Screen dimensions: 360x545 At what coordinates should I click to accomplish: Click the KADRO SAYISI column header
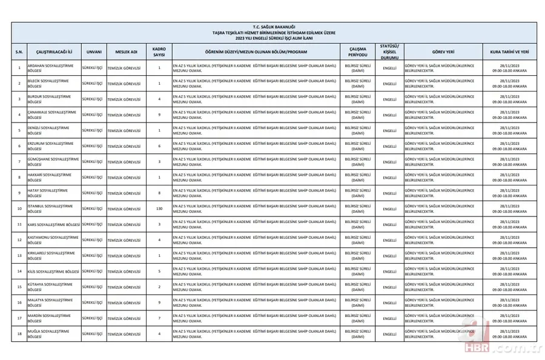159,52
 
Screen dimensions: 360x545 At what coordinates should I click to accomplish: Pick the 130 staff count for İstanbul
159,208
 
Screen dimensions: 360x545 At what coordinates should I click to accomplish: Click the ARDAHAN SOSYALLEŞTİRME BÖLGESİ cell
53,67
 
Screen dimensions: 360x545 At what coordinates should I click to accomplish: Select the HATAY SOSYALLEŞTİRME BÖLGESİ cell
53,193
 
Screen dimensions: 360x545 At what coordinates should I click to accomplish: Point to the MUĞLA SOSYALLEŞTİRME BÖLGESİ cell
53,334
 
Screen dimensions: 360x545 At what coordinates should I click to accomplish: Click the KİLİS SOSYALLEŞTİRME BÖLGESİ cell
54,270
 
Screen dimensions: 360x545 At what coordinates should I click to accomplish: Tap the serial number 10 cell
19,208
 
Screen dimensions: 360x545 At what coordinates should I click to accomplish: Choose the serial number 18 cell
19,334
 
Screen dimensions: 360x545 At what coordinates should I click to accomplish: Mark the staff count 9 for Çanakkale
159,114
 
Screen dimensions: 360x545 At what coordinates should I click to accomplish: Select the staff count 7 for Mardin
159,318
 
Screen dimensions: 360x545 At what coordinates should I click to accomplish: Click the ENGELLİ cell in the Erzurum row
389,145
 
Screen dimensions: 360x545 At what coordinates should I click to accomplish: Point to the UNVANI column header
93,52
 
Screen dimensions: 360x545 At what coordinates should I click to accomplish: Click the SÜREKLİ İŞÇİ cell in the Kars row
93,224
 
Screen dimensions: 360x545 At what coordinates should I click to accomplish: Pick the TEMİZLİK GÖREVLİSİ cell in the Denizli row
124,130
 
